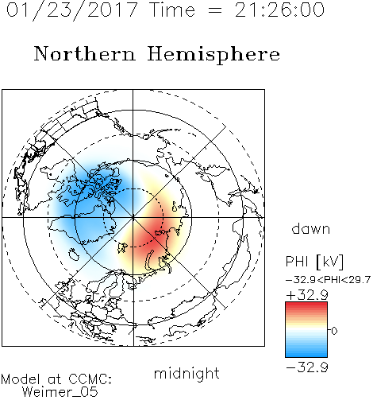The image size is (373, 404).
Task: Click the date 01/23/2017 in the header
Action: coord(72,10)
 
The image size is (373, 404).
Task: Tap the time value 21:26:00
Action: coord(279,10)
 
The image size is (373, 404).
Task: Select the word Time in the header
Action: coord(172,10)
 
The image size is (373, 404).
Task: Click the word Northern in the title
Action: coord(85,53)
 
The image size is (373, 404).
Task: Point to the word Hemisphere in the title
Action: coord(213,54)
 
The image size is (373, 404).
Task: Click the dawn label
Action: coord(311,228)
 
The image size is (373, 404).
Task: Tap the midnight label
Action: coord(186,373)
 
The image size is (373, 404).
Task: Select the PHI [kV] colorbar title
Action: coord(314,262)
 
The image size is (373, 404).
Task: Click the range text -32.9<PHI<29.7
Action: coord(328,279)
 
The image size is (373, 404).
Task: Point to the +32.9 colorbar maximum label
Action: coord(307,295)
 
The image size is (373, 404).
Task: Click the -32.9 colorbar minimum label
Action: coord(307,367)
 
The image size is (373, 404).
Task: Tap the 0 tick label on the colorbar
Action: coord(334,331)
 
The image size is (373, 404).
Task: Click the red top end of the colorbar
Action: coord(306,304)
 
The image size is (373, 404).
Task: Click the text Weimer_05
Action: coord(60,392)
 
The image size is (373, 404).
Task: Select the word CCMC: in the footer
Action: coord(90,379)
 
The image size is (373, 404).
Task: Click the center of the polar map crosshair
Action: coord(133,218)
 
